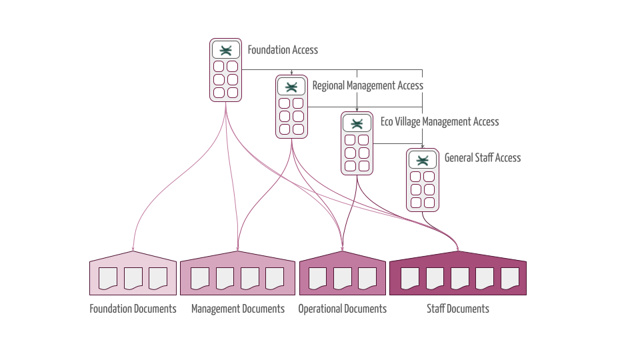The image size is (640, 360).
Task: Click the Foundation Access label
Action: click(283, 50)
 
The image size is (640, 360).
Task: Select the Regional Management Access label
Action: click(367, 85)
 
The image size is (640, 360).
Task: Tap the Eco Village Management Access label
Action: click(439, 121)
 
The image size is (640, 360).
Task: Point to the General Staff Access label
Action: click(483, 158)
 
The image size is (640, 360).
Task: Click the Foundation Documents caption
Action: click(133, 309)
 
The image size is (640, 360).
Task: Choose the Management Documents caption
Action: click(238, 309)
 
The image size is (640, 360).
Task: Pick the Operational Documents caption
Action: click(342, 309)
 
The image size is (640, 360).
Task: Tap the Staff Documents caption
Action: click(458, 309)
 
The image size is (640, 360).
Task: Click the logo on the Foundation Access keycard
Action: click(226, 50)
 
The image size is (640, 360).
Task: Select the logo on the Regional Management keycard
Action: click(291, 87)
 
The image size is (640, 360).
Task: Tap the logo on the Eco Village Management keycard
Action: click(357, 123)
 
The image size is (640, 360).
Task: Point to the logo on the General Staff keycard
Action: click(422, 160)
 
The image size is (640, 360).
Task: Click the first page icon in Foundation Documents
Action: click(108, 278)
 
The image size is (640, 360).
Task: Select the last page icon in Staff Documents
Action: click(510, 278)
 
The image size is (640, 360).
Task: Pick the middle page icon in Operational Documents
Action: click(343, 278)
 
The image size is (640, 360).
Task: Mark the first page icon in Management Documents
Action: click(199, 278)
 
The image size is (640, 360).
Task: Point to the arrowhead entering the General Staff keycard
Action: click(422, 147)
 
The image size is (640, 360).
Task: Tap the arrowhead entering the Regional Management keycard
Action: click(291, 73)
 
